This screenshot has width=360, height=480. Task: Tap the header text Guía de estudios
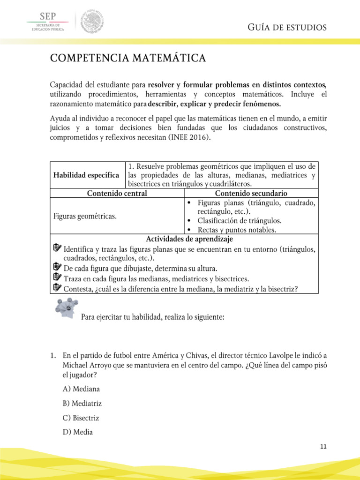click(x=286, y=28)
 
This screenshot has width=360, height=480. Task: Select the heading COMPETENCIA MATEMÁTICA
click(x=127, y=59)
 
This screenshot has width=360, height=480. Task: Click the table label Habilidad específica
click(x=87, y=175)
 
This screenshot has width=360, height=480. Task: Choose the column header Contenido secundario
click(x=251, y=193)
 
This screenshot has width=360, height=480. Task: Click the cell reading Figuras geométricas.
click(x=84, y=216)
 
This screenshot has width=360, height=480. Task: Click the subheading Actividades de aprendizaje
click(x=183, y=239)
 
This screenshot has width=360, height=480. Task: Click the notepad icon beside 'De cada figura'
click(x=57, y=267)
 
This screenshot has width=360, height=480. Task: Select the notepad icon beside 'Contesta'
click(x=57, y=287)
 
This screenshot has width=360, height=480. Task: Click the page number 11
click(x=322, y=447)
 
